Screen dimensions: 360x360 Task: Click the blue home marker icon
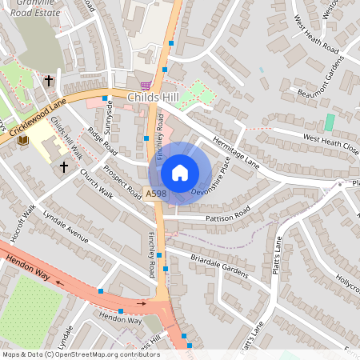(180, 173)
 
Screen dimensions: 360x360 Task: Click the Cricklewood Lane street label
(36, 119)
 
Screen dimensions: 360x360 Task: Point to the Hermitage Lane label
(236, 150)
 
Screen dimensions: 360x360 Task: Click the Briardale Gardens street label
(220, 266)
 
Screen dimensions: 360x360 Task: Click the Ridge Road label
(102, 142)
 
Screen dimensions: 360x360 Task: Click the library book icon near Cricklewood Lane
(22, 141)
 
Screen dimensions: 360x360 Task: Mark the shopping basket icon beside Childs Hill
(145, 86)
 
